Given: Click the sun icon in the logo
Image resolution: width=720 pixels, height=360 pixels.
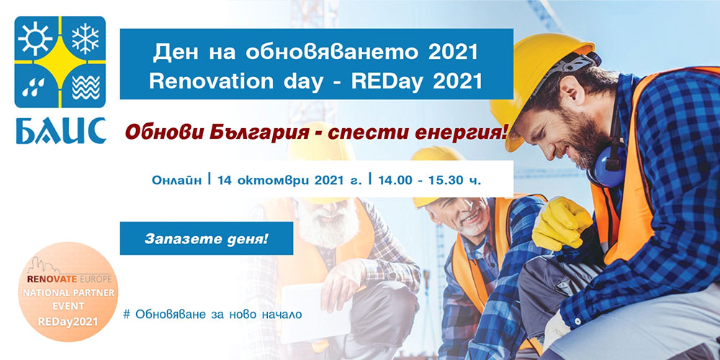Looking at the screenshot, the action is coord(35,37).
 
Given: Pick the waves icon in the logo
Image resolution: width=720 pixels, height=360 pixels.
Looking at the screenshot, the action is coord(86,87).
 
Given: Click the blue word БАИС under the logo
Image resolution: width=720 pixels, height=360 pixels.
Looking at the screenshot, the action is coord(60,130).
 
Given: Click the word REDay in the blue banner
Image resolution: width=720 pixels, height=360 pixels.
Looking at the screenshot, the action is coord(392,81).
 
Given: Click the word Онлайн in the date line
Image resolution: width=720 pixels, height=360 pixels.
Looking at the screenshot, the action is coord(177,179).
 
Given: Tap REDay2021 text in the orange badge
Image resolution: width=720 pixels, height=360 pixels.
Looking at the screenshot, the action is coord(68,321).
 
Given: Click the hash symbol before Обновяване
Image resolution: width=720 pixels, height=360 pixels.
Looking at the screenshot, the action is coord(127,315).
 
